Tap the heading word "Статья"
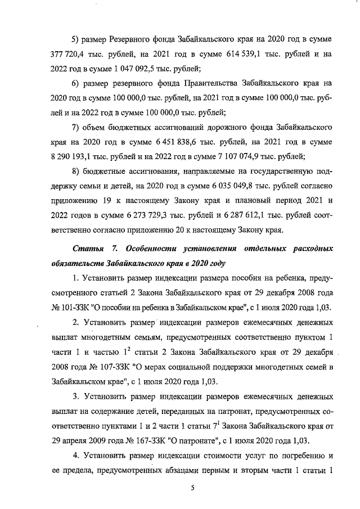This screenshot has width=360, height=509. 88,248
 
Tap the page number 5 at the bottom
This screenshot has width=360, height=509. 192,488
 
